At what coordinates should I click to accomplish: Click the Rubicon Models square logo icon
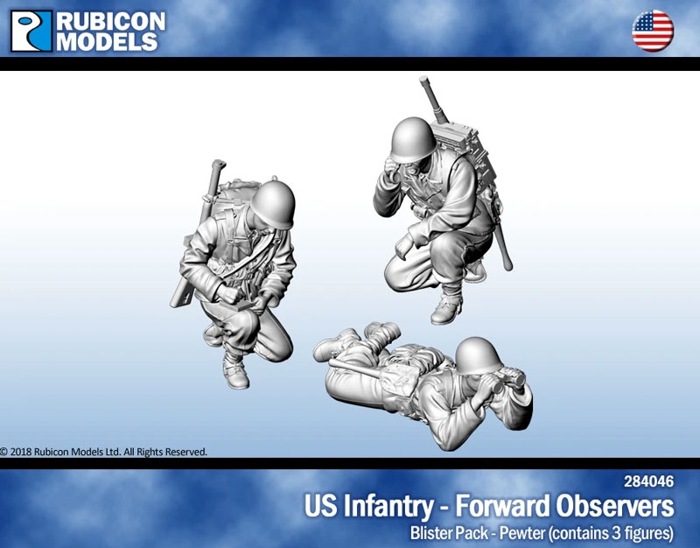pyautogui.click(x=31, y=30)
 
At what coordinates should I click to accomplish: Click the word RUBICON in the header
pyautogui.click(x=108, y=19)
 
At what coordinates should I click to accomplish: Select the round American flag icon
pyautogui.click(x=653, y=32)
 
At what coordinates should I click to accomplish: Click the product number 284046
pyautogui.click(x=648, y=481)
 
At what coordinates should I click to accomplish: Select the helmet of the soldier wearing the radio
pyautogui.click(x=412, y=138)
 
